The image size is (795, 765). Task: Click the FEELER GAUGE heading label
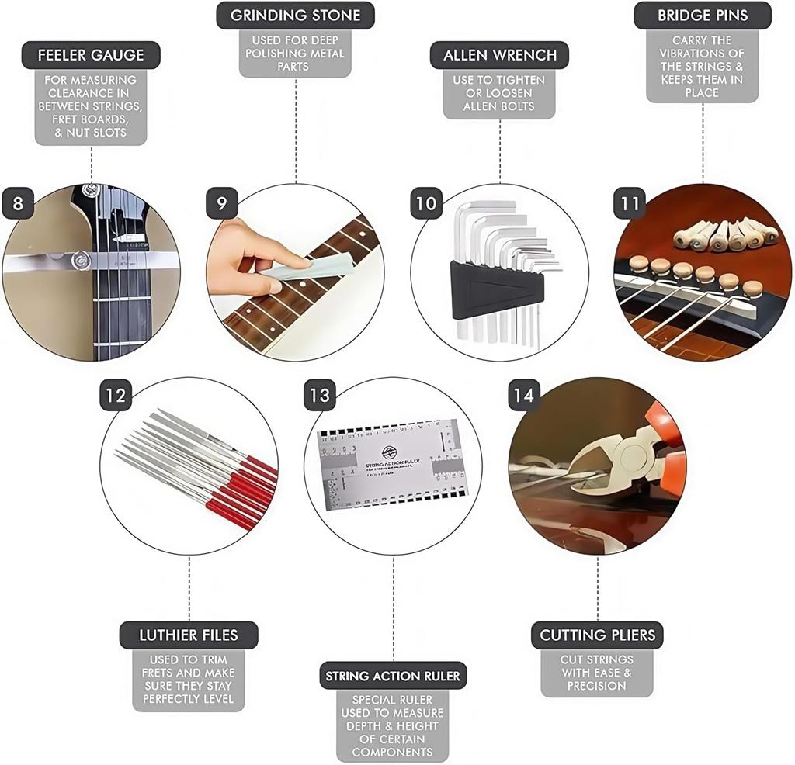91,55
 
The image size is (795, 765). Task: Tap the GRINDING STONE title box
295,16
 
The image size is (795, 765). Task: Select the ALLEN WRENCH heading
499,55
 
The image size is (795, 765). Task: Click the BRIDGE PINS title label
703,16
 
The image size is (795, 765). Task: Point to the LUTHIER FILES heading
189,635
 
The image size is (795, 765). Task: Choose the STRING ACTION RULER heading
393,676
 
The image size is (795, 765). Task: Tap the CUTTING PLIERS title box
597,635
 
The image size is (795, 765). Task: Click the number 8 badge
18,204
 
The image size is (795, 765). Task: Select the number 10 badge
426,204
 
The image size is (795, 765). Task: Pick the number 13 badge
320,396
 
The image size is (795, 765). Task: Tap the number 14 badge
523,396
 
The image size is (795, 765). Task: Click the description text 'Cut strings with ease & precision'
596,673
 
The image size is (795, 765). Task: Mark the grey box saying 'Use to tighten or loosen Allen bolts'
499,93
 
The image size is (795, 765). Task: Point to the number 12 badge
115,396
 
